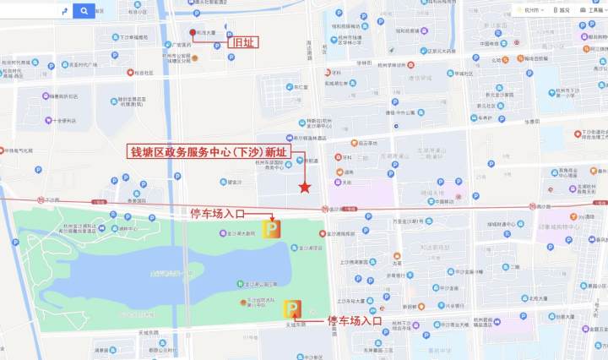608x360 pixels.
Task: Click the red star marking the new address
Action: point(305,187)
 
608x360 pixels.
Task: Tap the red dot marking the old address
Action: point(193,33)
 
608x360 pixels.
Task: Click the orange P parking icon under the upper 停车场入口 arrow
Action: point(272,229)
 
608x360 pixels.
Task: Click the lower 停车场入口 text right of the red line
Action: point(355,321)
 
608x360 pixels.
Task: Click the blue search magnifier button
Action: point(84,11)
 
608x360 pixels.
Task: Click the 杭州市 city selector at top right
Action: point(532,10)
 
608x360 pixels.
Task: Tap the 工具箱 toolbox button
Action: point(590,10)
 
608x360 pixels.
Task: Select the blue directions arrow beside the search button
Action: point(65,11)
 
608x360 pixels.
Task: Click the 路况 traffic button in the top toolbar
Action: point(563,10)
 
